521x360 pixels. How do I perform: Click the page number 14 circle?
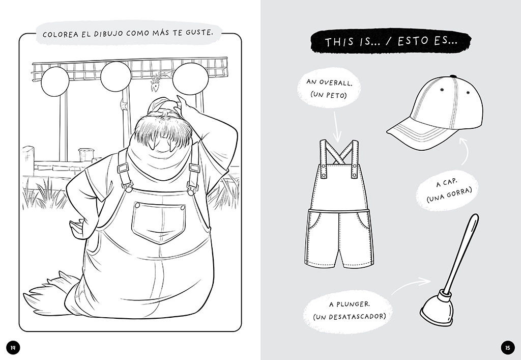click(x=13, y=348)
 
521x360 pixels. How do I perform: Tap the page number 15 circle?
click(x=507, y=348)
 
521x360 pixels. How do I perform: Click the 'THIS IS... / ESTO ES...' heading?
click(x=391, y=42)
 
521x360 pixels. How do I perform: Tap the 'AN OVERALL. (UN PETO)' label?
click(x=329, y=89)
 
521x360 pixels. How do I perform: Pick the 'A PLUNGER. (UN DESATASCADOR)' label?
click(x=349, y=310)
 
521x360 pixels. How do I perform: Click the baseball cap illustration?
click(x=436, y=113)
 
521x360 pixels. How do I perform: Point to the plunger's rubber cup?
click(x=437, y=308)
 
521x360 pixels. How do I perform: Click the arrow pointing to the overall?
click(x=336, y=126)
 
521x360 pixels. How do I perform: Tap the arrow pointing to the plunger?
click(x=411, y=285)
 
